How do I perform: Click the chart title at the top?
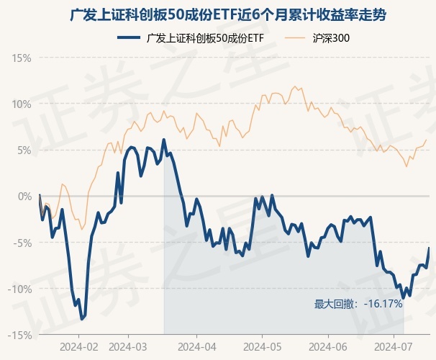point(218,14)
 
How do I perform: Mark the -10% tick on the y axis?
point(20,289)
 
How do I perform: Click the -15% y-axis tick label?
point(20,335)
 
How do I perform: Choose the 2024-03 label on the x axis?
point(127,346)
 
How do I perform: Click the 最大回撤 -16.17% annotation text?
point(358,304)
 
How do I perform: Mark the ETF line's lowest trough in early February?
point(82,318)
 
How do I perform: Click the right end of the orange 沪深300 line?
point(427,140)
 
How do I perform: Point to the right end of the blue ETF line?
point(429,248)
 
